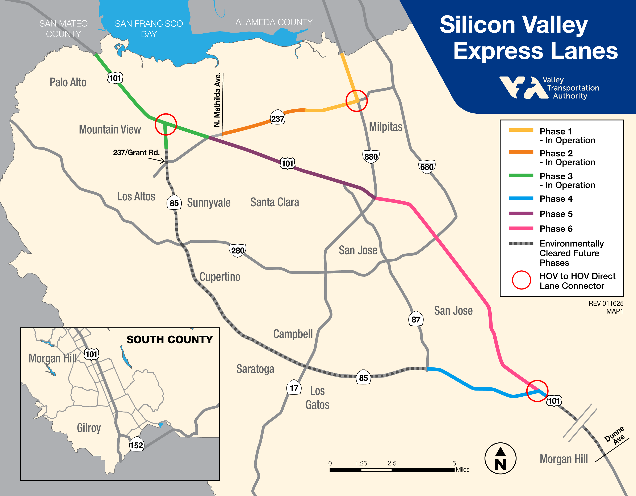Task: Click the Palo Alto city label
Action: tap(68, 82)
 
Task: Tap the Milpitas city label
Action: tap(386, 127)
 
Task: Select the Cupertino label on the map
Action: tap(220, 277)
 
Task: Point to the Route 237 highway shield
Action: tap(277, 118)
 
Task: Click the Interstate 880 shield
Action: tap(371, 157)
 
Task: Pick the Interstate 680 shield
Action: tap(427, 167)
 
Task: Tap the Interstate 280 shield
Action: tap(238, 250)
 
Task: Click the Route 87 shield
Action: tap(415, 320)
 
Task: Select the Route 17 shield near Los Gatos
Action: tap(294, 388)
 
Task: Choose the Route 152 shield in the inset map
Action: tap(136, 445)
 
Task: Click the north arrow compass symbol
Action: tap(500, 458)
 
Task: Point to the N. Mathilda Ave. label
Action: tap(217, 100)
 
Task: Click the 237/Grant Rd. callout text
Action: tap(136, 152)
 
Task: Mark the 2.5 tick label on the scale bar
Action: tap(392, 463)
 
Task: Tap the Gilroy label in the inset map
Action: tap(89, 428)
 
